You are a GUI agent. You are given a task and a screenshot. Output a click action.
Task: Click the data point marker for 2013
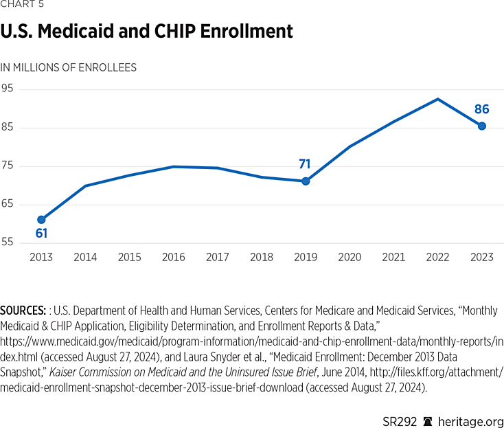pos(41,220)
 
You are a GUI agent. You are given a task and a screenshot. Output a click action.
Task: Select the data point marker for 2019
pos(306,181)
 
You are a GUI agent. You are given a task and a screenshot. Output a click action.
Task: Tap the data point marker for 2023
pos(482,126)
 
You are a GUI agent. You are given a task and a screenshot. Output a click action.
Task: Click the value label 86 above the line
pos(482,109)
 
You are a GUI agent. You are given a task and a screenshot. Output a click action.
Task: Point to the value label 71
pos(305,164)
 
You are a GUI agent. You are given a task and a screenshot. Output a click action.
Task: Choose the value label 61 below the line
pos(41,234)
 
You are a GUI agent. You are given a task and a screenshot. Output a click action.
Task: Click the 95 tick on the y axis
pos(8,89)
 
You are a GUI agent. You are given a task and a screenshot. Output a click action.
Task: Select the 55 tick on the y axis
pos(8,243)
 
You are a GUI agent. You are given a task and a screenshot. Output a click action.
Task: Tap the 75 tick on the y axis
pos(8,166)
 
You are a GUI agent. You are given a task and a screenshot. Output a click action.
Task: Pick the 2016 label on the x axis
pos(174,258)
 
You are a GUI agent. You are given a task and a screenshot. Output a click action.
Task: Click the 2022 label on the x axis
pos(438,258)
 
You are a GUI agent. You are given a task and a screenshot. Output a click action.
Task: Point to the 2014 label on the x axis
pos(85,258)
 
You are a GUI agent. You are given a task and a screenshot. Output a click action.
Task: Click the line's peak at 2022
pos(438,99)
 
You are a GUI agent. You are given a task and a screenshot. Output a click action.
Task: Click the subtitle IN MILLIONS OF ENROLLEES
pos(69,67)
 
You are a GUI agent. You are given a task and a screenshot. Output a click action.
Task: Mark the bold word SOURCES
pos(26,311)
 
